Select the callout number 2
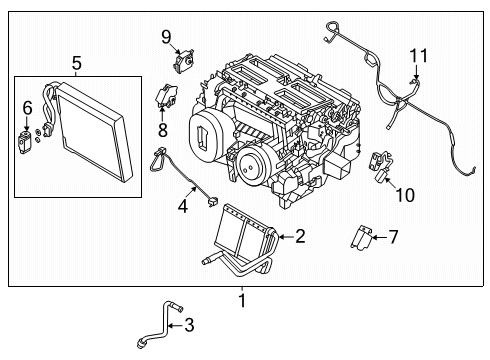pos(300,236)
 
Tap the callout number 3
pos(189,325)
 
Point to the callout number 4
pos(183,207)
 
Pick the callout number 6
pos(28,107)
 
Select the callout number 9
pos(167,37)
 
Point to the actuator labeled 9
pos(183,62)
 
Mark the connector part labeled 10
pos(380,165)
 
